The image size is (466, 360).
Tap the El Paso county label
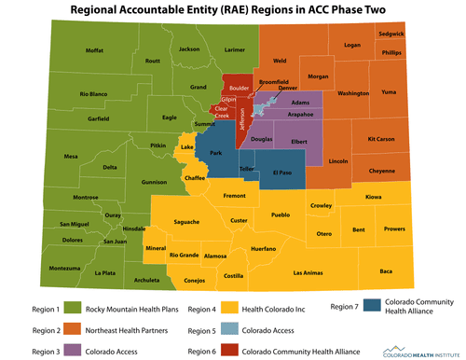[283, 173]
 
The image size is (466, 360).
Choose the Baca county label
[385, 270]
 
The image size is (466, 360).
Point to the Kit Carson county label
[381, 138]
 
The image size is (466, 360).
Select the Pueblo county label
[281, 215]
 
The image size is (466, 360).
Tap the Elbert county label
[299, 141]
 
